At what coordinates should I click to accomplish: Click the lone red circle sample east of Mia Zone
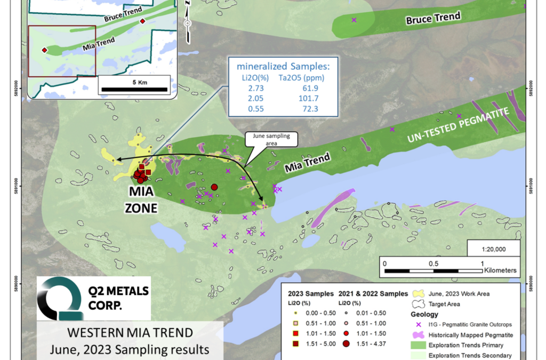(x=214, y=187)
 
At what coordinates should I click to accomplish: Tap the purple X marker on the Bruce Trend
(x=354, y=20)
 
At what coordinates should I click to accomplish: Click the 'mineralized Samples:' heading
(x=283, y=67)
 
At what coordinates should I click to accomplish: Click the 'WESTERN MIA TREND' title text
(x=130, y=333)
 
